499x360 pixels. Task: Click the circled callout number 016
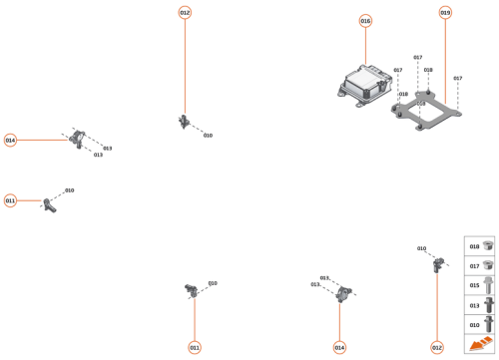point(365,21)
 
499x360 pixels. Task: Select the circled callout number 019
point(445,13)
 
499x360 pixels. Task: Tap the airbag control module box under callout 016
point(364,81)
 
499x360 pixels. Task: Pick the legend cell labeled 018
point(480,246)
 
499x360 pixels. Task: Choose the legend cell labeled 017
point(480,265)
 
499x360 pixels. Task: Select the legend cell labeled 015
point(480,285)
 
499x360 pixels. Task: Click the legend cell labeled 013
point(480,305)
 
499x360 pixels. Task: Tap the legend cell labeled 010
point(480,325)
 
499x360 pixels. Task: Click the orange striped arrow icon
point(479,344)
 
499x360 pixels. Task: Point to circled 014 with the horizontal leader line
point(11,141)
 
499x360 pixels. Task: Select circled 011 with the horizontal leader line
point(11,200)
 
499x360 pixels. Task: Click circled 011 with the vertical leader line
point(195,347)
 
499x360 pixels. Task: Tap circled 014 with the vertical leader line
point(339,347)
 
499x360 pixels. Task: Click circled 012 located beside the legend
point(437,347)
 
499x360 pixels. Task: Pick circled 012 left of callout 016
point(185,13)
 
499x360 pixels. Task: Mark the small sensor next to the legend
point(437,264)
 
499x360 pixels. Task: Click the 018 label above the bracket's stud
point(428,71)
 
